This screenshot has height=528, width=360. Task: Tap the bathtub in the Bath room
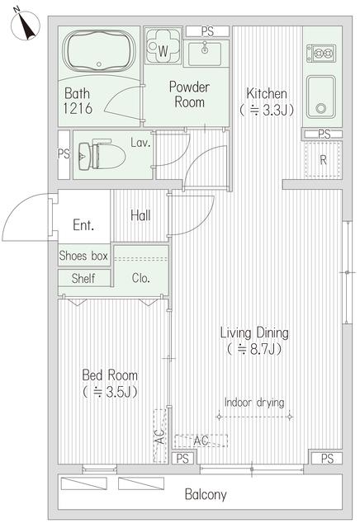[99, 51]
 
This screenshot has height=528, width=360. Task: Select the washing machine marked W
[163, 46]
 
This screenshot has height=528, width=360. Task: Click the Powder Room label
[189, 94]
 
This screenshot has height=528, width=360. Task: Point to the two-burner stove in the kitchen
[321, 53]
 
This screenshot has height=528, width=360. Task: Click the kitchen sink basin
[321, 97]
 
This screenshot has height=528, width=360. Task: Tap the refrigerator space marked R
[324, 159]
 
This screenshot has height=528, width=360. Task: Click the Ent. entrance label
[83, 225]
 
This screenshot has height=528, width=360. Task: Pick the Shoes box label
[83, 256]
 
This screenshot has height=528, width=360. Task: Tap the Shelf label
[83, 278]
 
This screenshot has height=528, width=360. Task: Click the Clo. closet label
[140, 278]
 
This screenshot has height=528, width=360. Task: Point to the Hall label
[140, 215]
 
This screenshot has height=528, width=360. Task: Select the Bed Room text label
[110, 375]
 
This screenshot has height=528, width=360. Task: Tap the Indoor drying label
[254, 403]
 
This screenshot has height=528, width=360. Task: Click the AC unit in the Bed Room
[160, 436]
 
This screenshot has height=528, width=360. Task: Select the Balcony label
[206, 494]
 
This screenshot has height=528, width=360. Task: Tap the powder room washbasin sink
[205, 54]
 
